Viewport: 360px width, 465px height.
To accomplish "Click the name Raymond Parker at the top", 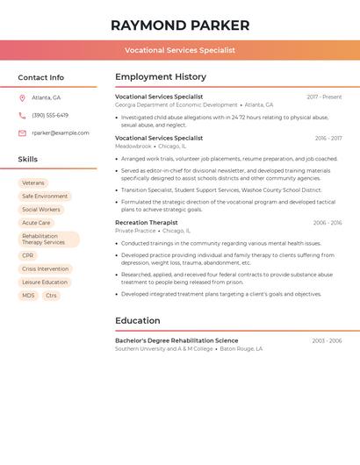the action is (180, 25).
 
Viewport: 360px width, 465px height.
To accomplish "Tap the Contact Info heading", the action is (40, 77).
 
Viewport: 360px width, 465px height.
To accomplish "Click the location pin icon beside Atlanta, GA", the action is (22, 97).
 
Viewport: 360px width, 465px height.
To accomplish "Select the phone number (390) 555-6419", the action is (50, 115).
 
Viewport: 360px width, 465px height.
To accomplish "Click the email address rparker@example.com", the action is (61, 132).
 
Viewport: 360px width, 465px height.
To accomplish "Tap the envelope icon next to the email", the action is (22, 132).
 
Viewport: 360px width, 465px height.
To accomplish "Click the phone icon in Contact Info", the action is (22, 115).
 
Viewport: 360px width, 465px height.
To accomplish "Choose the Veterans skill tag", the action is (33, 183).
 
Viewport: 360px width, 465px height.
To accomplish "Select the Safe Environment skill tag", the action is (45, 197).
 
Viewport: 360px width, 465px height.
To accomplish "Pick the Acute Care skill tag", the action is (36, 223).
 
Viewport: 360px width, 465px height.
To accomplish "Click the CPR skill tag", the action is (28, 255).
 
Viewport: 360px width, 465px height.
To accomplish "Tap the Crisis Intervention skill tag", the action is (45, 268).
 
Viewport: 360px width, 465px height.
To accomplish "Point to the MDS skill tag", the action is (28, 296).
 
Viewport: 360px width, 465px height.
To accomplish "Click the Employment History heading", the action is (161, 77).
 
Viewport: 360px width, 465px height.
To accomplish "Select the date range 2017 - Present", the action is (324, 97).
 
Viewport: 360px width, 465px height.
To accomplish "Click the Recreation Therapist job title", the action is (146, 223).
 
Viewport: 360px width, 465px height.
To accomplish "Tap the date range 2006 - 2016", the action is (328, 223).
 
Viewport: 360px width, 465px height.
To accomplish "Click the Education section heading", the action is (137, 320).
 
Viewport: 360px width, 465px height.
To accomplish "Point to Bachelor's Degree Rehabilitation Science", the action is (176, 340).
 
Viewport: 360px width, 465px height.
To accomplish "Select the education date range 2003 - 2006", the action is (327, 340).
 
